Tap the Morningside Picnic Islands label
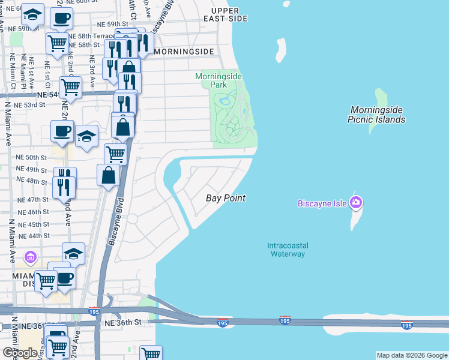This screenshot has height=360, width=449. click(376, 115)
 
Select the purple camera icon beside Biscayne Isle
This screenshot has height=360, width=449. click(356, 203)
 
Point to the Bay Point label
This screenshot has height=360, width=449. click(226, 198)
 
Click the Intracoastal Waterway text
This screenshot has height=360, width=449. click(286, 249)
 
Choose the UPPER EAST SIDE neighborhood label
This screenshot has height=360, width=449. click(225, 14)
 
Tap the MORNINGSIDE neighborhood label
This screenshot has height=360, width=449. click(184, 52)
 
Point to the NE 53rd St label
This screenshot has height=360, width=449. click(30, 104)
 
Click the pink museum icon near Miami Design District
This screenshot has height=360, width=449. click(31, 257)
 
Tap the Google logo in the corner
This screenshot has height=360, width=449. click(20, 352)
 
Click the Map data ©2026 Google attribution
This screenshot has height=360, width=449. click(412, 355)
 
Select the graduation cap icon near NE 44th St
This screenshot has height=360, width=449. click(73, 253)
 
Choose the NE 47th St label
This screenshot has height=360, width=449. click(33, 200)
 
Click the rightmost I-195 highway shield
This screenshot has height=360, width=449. click(406, 325)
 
